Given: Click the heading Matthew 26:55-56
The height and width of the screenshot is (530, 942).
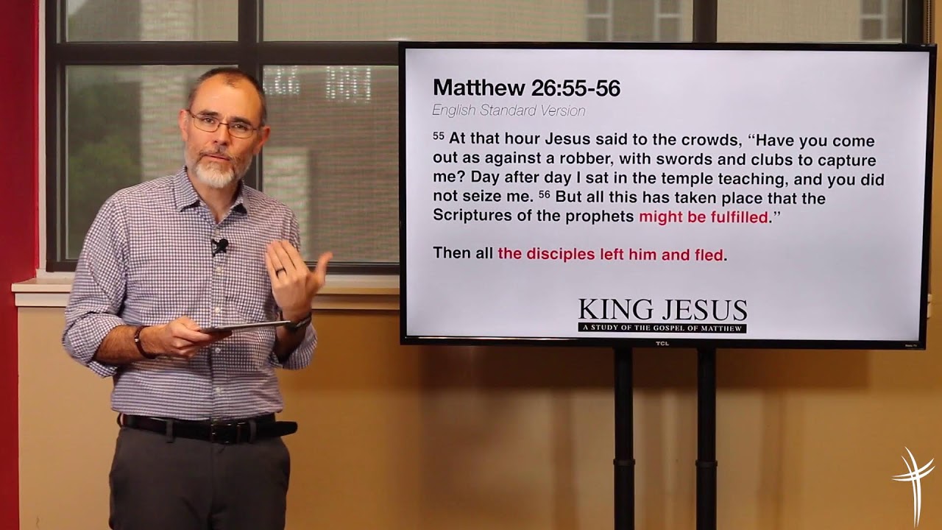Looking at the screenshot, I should click(526, 88).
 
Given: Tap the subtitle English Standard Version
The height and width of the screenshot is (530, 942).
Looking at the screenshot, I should click(509, 111).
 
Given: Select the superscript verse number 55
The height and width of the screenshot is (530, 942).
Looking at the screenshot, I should click(439, 136).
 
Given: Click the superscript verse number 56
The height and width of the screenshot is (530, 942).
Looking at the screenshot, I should click(544, 194).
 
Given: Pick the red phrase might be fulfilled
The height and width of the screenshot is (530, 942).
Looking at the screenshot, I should click(703, 217).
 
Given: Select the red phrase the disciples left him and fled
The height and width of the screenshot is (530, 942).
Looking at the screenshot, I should click(610, 255).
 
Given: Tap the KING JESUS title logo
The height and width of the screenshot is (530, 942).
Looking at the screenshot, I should click(662, 311).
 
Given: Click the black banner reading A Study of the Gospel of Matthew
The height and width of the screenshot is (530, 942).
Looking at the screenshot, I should click(662, 328).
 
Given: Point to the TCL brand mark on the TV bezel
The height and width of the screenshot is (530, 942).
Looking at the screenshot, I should click(662, 343).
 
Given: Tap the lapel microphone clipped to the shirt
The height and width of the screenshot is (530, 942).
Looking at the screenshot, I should click(219, 245).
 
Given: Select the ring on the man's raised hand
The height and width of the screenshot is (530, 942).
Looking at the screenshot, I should click(280, 272).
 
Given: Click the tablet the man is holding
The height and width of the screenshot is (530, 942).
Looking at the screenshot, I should click(247, 326).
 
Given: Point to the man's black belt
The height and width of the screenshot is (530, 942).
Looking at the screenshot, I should click(206, 427).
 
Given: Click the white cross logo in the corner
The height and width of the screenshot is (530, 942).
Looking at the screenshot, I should click(915, 478).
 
